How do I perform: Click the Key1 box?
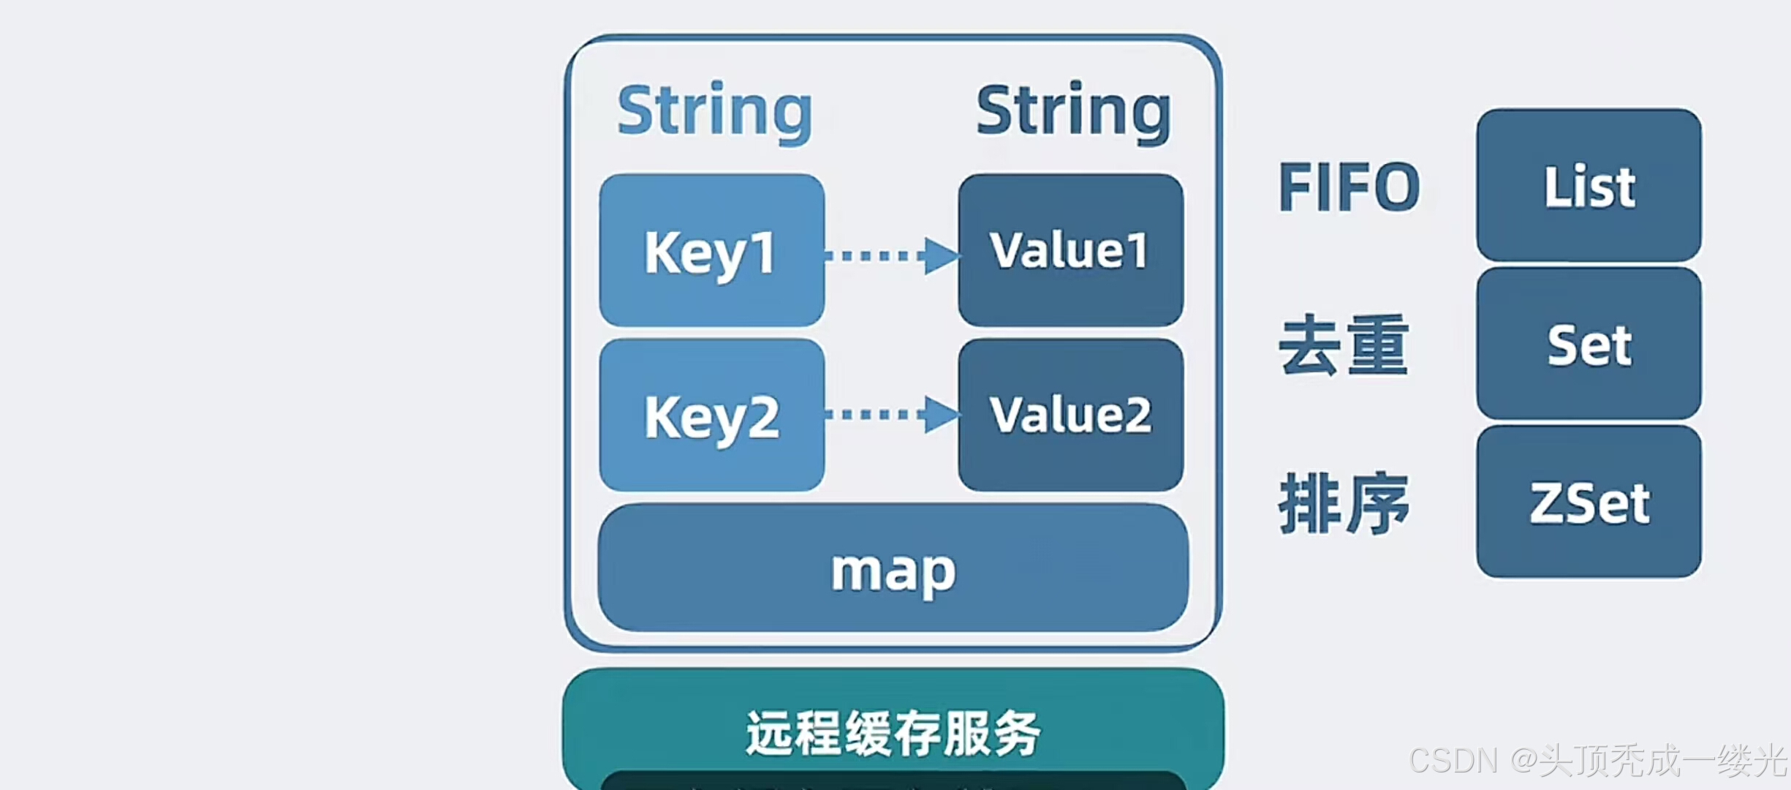[x=711, y=250]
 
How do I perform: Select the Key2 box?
[x=711, y=415]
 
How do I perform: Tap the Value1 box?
[x=1070, y=250]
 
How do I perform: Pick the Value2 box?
[x=1070, y=415]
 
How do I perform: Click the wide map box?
[x=893, y=568]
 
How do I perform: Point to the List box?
[x=1589, y=185]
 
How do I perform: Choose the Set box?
[x=1589, y=344]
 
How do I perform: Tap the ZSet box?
[x=1589, y=503]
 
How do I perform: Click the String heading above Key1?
[x=714, y=111]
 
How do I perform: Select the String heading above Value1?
[x=1073, y=111]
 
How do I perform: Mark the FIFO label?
[x=1349, y=187]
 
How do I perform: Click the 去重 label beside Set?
[x=1344, y=345]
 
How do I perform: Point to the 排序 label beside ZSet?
[x=1344, y=503]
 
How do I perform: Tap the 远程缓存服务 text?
[x=893, y=733]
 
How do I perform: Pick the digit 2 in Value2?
[x=1135, y=415]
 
